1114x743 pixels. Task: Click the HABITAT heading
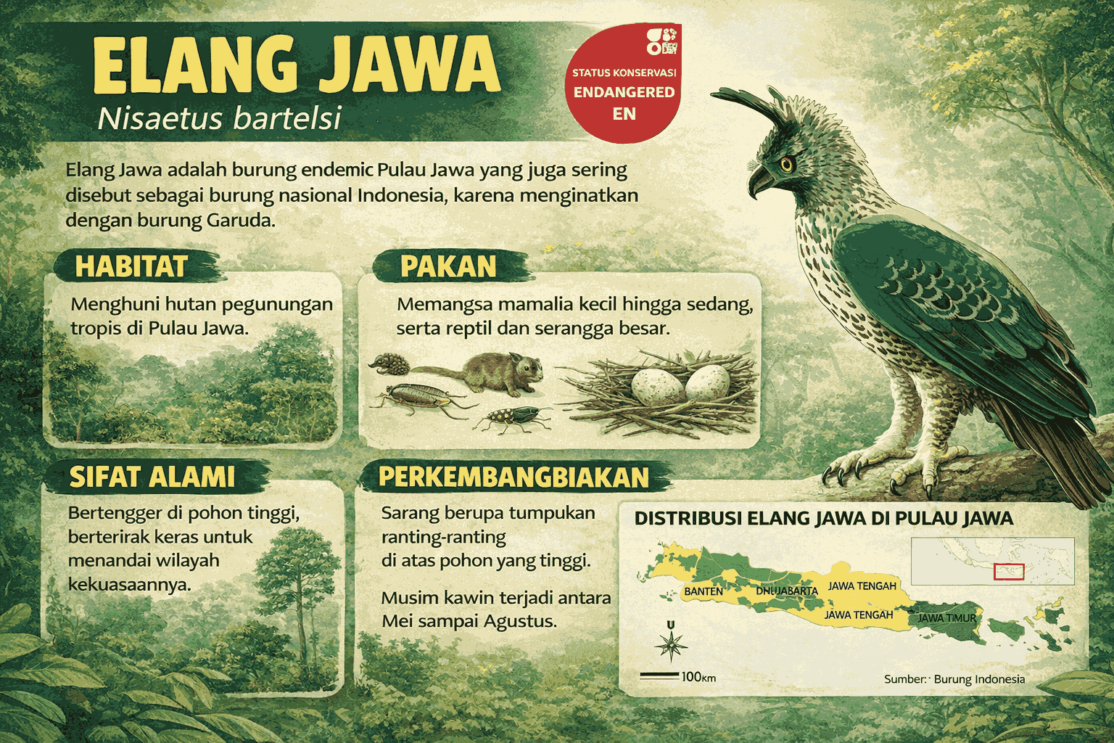click(x=131, y=267)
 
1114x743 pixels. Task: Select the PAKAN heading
click(x=448, y=267)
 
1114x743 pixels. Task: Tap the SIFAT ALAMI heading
click(x=152, y=477)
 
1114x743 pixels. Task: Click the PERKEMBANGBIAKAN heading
click(x=513, y=477)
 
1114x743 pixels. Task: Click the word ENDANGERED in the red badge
click(x=624, y=92)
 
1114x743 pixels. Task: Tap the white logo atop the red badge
click(x=661, y=41)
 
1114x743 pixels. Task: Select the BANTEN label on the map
click(x=704, y=591)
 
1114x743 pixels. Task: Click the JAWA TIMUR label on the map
click(x=946, y=618)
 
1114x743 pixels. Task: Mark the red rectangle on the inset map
click(x=1009, y=572)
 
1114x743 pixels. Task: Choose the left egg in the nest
click(x=657, y=386)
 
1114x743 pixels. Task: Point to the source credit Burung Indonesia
click(x=978, y=679)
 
